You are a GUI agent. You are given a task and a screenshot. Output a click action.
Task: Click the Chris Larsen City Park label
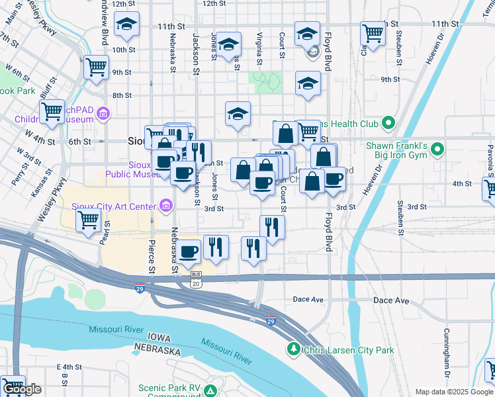tap(349, 350)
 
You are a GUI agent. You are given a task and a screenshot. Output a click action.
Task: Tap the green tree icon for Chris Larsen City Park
tap(292, 348)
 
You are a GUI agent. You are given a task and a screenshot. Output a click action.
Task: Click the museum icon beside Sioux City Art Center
tap(165, 206)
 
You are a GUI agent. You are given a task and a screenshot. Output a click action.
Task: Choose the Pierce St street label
tap(152, 257)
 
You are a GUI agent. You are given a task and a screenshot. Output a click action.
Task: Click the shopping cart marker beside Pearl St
tap(89, 221)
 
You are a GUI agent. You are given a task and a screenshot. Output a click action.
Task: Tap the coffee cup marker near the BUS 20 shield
tap(189, 251)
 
